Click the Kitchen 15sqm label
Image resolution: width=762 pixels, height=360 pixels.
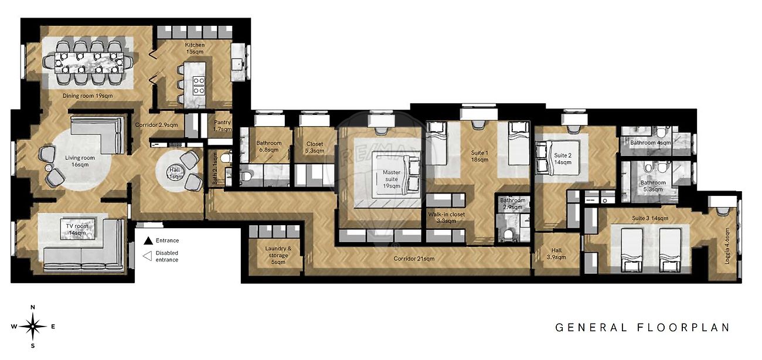[195, 48]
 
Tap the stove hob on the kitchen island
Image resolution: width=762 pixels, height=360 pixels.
[199, 86]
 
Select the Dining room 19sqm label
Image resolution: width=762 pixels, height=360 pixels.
[87, 96]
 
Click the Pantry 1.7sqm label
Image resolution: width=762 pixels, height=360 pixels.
[223, 125]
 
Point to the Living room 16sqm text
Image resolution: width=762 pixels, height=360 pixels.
[80, 161]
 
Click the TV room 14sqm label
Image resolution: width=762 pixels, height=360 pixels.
[77, 229]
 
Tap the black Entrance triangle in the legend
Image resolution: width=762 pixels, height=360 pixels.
[148, 241]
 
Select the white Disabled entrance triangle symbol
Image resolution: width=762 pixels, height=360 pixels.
[147, 256]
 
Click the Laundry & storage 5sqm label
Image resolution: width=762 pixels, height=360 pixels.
[278, 255]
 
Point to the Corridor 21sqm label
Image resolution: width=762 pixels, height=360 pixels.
[414, 259]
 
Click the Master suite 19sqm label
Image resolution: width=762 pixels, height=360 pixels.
[392, 179]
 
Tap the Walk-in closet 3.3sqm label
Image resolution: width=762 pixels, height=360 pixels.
[446, 218]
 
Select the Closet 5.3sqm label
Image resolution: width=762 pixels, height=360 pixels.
[315, 147]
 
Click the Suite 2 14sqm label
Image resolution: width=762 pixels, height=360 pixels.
[563, 158]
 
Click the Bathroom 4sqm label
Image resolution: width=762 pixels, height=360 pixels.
[651, 143]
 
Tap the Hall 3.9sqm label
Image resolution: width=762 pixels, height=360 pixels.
[556, 254]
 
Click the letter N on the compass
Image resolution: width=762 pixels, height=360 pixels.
[33, 307]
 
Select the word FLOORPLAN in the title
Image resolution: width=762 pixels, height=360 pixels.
[683, 328]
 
